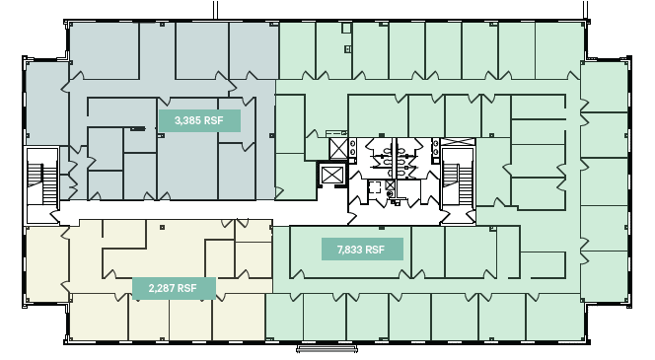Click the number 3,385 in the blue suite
tap(188, 121)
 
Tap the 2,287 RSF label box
tap(173, 288)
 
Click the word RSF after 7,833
tap(375, 250)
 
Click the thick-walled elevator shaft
tap(332, 176)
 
